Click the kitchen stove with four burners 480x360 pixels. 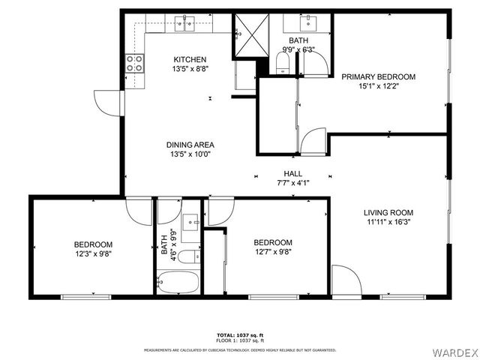[135, 64]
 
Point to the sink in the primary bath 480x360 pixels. [309, 20]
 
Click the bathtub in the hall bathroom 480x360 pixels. [178, 283]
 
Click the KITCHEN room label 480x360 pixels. [190, 60]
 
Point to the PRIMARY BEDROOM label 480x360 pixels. [378, 76]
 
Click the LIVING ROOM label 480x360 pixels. [387, 211]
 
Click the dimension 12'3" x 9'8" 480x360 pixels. [93, 255]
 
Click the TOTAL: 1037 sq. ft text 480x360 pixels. [240, 334]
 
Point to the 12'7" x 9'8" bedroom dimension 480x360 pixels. [272, 253]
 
